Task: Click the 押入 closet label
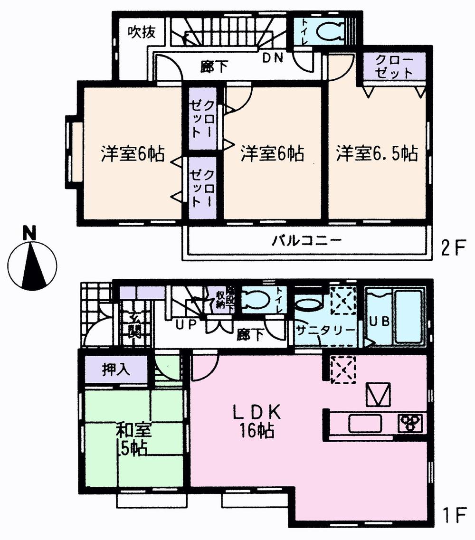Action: pos(116,370)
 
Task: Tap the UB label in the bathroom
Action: pos(380,321)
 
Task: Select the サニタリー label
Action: pos(325,330)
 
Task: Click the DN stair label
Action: pos(273,58)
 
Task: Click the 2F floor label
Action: pos(452,249)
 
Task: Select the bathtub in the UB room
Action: pos(408,316)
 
